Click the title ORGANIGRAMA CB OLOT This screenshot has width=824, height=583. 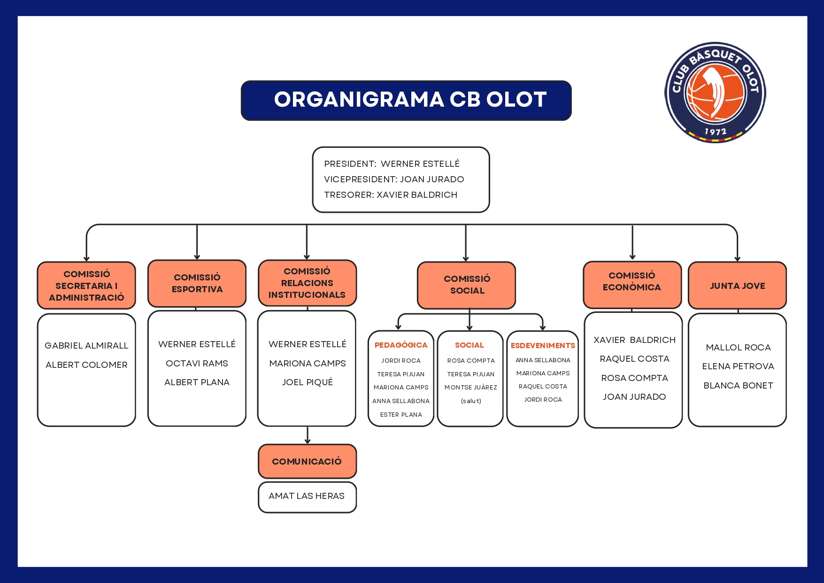pos(410,100)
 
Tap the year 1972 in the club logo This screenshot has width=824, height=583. pos(715,132)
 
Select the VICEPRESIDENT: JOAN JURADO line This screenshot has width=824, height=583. pos(393,179)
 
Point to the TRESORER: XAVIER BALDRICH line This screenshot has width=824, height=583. pos(390,194)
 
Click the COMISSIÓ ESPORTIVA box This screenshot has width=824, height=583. pos(197,283)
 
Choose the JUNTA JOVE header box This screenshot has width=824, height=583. pos(737,286)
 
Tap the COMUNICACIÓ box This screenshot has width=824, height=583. pos(307,461)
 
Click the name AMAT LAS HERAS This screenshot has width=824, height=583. pos(307,496)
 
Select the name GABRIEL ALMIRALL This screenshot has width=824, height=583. pos(86,346)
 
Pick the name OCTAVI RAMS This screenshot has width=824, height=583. pos(197,363)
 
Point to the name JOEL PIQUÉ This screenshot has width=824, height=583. pos(307,382)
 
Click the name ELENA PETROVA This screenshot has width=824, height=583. pos(738,366)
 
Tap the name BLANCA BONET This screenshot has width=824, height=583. pos(738,385)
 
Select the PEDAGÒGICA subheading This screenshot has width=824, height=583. pos(401,345)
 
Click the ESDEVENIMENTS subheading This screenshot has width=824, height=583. pos(543,345)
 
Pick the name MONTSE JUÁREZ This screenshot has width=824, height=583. pos(470,388)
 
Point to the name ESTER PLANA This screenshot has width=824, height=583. pos(401,414)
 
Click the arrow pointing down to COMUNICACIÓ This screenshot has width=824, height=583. pos(308,436)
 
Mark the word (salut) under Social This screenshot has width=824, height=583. pos(471,401)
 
